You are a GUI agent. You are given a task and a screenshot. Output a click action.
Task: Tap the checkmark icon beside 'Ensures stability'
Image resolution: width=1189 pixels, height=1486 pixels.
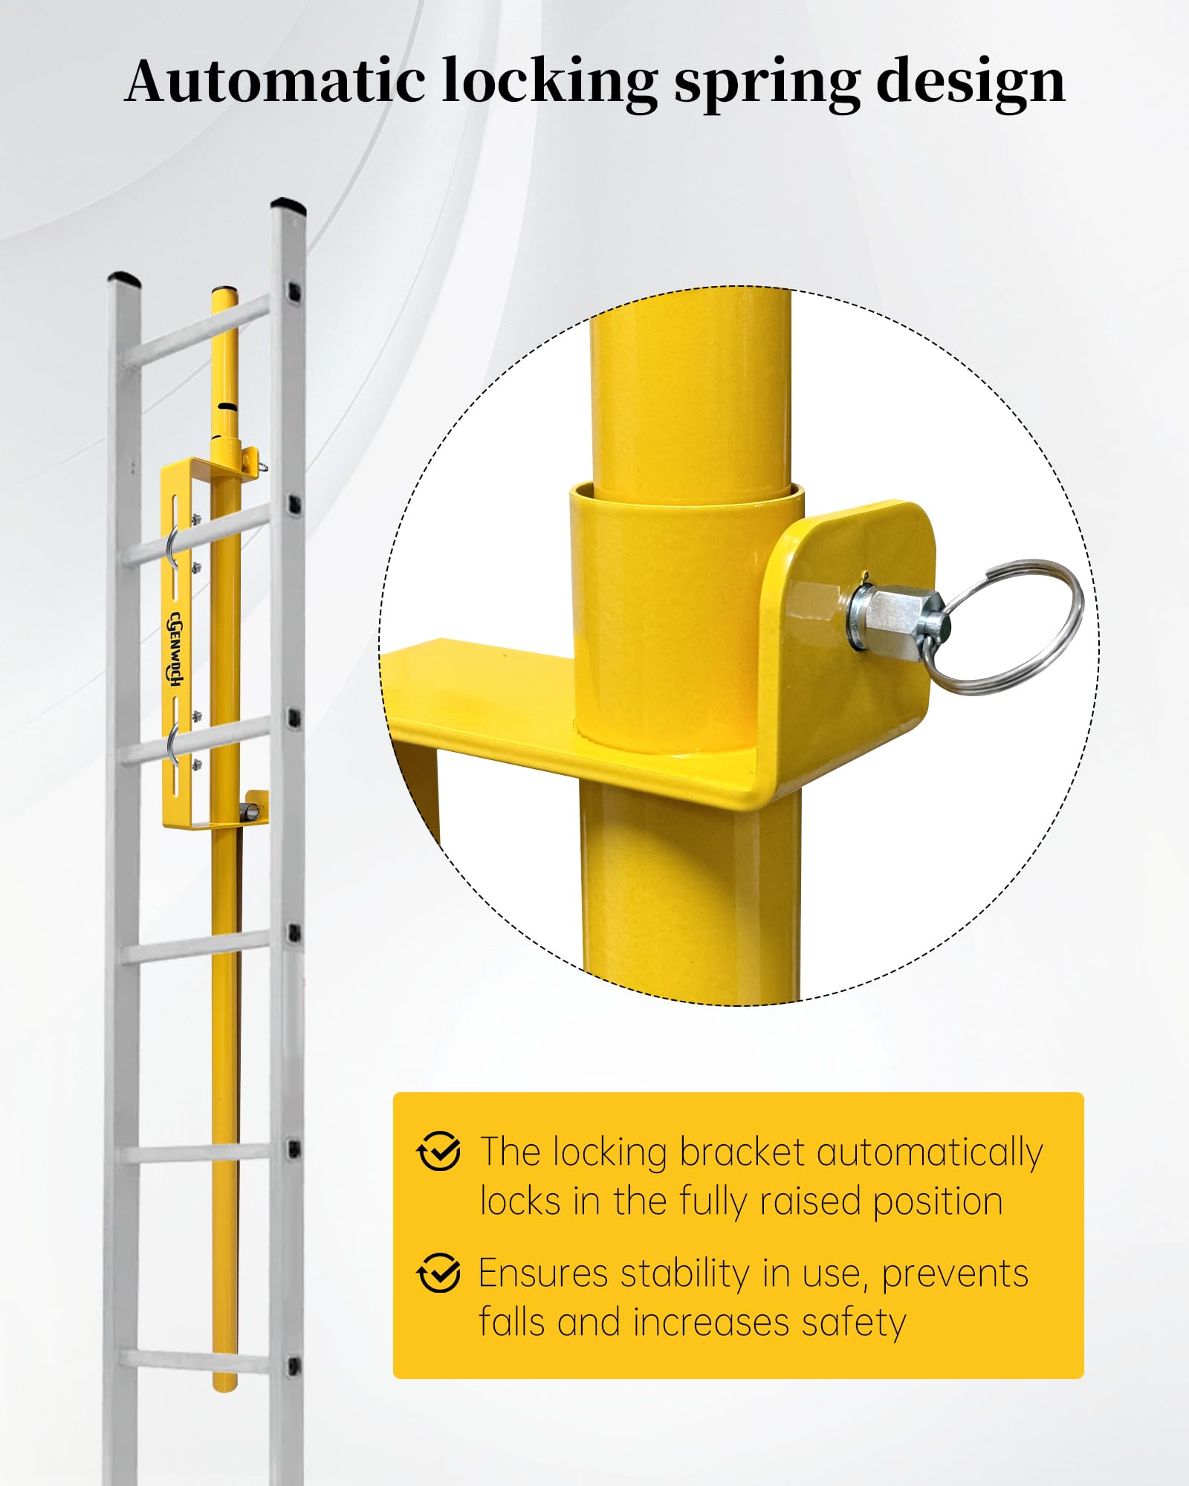[438, 1272]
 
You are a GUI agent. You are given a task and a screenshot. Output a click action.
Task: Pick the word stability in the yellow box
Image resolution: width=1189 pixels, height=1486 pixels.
[684, 1274]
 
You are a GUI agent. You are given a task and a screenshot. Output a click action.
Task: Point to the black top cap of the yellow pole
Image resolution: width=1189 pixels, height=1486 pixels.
[224, 291]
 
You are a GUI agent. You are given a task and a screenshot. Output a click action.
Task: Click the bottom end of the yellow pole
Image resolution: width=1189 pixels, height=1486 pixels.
[224, 1386]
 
